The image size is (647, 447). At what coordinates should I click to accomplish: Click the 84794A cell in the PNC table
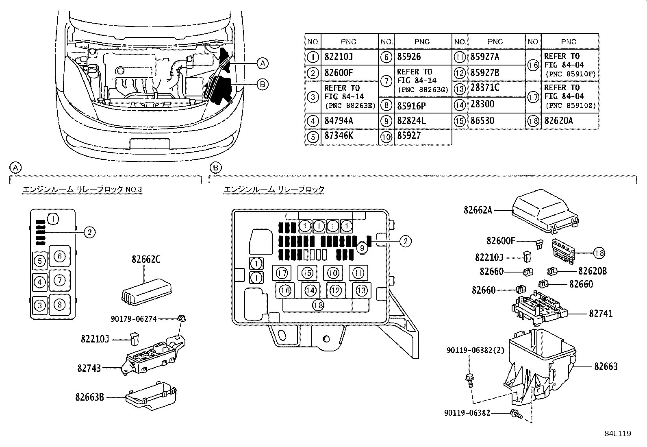[339, 121]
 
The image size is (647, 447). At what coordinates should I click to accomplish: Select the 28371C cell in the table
[485, 88]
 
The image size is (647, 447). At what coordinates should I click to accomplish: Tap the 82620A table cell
[558, 121]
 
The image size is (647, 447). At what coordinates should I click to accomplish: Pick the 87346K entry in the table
[339, 136]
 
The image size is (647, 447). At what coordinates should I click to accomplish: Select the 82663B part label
[89, 396]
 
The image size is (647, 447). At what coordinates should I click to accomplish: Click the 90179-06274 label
[133, 319]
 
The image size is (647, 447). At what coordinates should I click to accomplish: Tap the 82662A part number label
[478, 210]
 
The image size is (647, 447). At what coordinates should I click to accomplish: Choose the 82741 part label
[601, 314]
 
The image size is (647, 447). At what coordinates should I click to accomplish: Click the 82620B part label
[592, 271]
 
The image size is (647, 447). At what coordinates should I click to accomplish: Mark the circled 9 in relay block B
[362, 246]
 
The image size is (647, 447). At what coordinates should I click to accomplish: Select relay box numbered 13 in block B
[361, 290]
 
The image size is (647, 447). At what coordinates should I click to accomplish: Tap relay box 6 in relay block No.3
[60, 256]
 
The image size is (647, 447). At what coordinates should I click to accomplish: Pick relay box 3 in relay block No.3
[39, 305]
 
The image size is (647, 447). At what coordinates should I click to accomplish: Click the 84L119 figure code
[617, 434]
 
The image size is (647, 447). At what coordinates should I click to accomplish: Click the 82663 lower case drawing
[540, 366]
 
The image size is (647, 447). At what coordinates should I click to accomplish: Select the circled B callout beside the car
[263, 84]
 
